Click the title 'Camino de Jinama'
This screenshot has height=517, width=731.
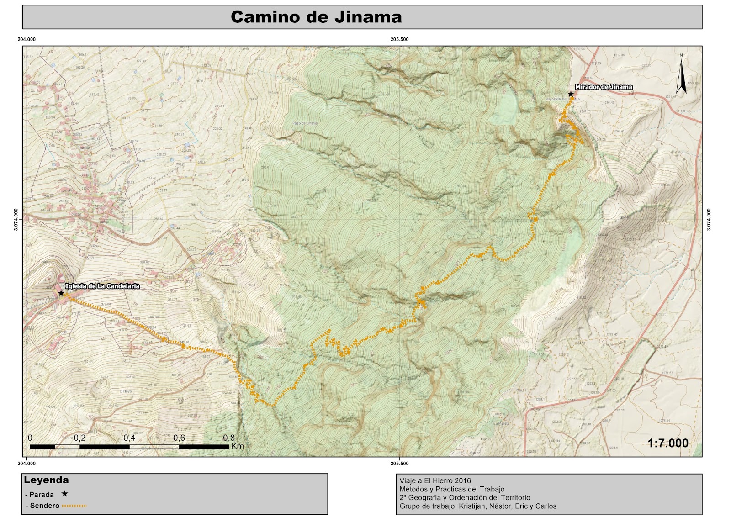pyautogui.click(x=316, y=17)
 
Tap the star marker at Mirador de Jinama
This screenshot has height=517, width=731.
pyautogui.click(x=571, y=94)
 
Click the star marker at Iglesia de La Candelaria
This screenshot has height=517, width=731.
pyautogui.click(x=61, y=293)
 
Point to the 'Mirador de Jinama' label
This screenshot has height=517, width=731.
pyautogui.click(x=604, y=87)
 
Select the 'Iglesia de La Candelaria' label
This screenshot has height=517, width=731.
pyautogui.click(x=102, y=286)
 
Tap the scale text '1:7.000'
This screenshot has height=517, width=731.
pyautogui.click(x=667, y=443)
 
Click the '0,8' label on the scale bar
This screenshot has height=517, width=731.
pyautogui.click(x=229, y=438)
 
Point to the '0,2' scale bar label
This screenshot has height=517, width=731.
pyautogui.click(x=79, y=438)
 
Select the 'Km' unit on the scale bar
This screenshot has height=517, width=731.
pyautogui.click(x=238, y=446)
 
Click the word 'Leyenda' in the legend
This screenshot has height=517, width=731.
pyautogui.click(x=46, y=480)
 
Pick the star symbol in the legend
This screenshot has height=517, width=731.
pyautogui.click(x=65, y=494)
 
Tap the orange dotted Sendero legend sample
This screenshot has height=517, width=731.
pyautogui.click(x=74, y=506)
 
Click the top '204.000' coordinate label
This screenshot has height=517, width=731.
pyautogui.click(x=26, y=39)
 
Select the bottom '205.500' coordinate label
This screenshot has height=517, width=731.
pyautogui.click(x=399, y=464)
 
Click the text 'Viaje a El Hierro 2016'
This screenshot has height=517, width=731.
pyautogui.click(x=435, y=480)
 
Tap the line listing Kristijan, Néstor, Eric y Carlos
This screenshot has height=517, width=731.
pyautogui.click(x=478, y=506)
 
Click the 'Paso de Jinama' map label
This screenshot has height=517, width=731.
pyautogui.click(x=305, y=123)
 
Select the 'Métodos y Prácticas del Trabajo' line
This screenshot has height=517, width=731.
pyautogui.click(x=452, y=489)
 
